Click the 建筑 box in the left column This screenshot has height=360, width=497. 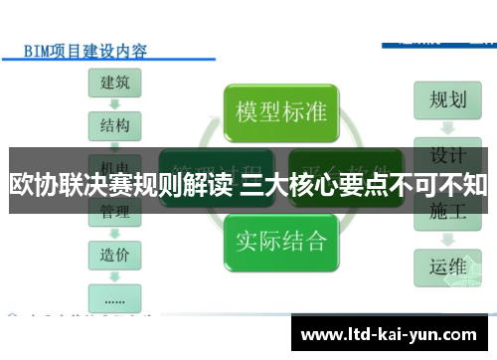(115, 83)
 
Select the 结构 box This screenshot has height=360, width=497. (115, 125)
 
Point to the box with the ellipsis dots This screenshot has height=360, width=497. (115, 296)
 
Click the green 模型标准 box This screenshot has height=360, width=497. (280, 110)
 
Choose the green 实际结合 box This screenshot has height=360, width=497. (280, 239)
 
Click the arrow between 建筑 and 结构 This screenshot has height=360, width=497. (115, 103)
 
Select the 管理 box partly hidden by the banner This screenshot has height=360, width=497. (115, 212)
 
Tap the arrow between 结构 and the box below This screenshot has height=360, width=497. (115, 145)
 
